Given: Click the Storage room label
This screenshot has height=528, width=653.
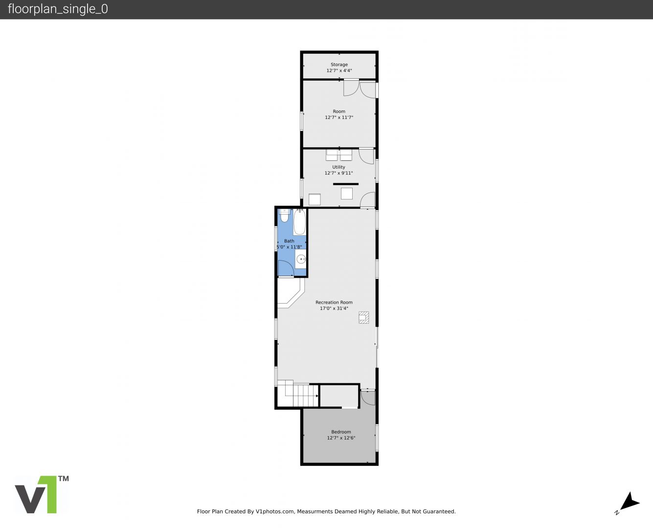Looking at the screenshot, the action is (x=339, y=65).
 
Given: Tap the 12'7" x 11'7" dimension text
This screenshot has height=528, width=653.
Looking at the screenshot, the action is (x=339, y=117).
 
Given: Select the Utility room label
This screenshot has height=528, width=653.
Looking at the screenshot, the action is (x=339, y=167).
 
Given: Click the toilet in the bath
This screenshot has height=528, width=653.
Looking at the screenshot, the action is (x=285, y=216).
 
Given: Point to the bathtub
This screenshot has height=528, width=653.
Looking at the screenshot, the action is (x=299, y=222).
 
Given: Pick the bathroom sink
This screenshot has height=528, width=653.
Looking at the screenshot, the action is (x=301, y=259).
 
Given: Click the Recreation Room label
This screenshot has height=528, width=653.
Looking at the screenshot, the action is (x=334, y=302).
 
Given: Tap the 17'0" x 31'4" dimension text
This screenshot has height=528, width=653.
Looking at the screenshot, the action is (x=334, y=308).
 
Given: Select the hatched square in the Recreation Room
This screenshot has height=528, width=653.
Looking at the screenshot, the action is (x=363, y=317).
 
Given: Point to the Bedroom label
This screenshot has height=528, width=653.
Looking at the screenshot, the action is (x=341, y=432).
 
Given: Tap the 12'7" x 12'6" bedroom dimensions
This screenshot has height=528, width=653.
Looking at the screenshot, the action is (x=341, y=438).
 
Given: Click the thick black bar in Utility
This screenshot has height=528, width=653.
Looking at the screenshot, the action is (x=346, y=184).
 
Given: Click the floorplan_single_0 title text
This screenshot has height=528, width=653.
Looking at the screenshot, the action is (x=58, y=9).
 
